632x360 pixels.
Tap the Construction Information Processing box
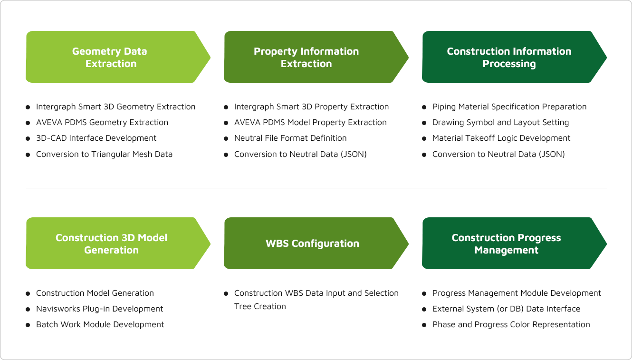(514, 57)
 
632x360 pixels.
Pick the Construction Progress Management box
(514, 243)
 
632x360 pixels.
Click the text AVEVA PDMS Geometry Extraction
(102, 123)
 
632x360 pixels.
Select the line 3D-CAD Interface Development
(96, 138)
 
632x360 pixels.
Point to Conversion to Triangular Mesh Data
(104, 154)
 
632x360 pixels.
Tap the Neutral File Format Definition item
(290, 138)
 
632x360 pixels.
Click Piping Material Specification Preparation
(509, 107)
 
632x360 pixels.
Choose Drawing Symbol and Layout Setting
(500, 123)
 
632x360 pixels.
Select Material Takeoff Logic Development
(501, 138)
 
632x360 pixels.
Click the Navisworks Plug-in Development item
(100, 309)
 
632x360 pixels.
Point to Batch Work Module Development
(100, 324)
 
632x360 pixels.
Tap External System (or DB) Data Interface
(506, 309)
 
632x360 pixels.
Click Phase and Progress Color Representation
(511, 324)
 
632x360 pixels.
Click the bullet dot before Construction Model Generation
(28, 293)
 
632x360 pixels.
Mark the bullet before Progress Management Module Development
(424, 293)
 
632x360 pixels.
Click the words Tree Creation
(260, 306)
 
